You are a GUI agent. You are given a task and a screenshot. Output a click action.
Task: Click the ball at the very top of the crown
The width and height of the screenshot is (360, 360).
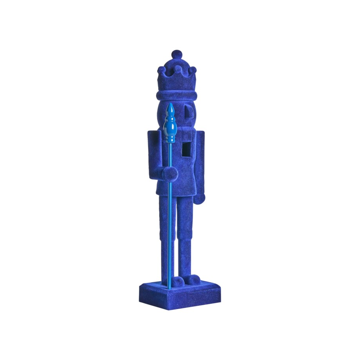(177, 54)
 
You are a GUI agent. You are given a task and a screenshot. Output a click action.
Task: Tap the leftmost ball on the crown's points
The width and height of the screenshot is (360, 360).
(161, 70)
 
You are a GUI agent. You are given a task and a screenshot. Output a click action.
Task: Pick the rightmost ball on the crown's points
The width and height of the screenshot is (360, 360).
(193, 70)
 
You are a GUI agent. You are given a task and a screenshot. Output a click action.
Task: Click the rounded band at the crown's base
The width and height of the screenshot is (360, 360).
(176, 95)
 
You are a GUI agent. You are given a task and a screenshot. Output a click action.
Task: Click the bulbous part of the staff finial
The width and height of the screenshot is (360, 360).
(171, 129)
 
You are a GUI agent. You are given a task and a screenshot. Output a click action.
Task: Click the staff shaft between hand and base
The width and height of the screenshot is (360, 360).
(170, 235)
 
